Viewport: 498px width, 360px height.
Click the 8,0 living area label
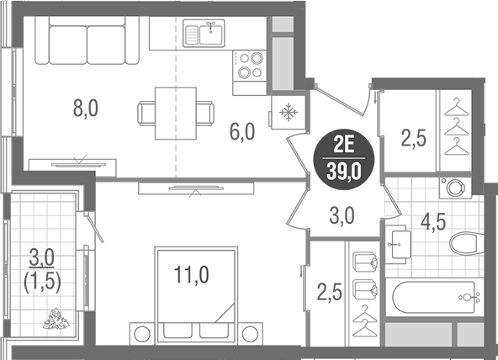tap(85, 109)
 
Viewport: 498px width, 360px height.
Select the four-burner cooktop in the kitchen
tap(251, 65)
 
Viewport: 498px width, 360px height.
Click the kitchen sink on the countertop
tap(205, 34)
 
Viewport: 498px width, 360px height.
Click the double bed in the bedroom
tap(196, 290)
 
